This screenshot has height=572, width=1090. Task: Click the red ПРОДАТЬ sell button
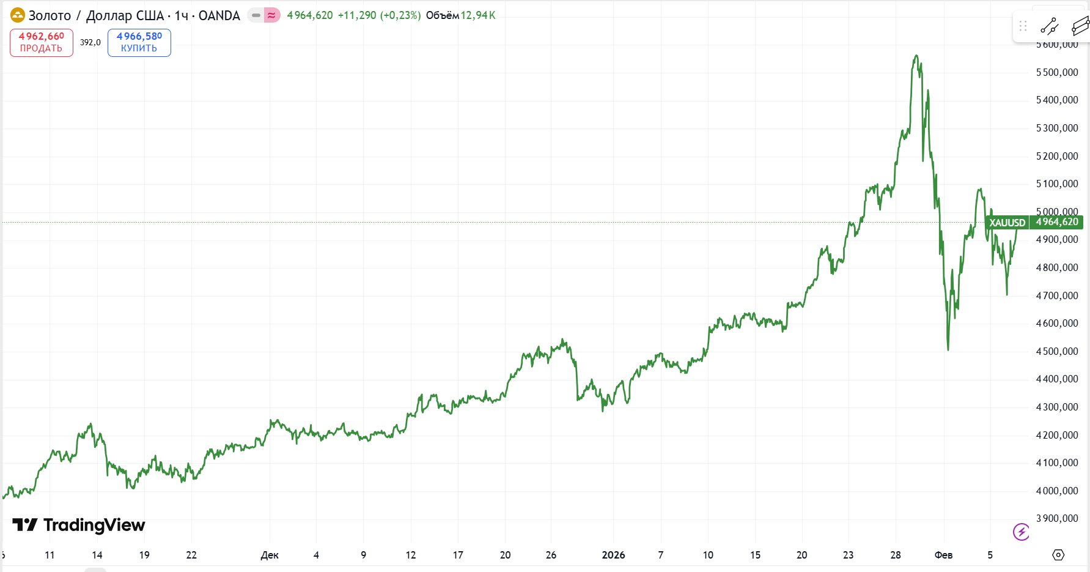(x=42, y=43)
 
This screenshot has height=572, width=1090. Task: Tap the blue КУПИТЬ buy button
(x=139, y=43)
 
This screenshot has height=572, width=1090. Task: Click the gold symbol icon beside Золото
(x=18, y=15)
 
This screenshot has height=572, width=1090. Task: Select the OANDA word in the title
(x=219, y=16)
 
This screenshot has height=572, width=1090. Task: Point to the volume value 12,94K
(x=478, y=15)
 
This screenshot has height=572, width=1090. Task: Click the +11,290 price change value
(x=357, y=15)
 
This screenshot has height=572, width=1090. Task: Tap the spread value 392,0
(x=90, y=42)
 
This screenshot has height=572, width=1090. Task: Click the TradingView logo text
(x=94, y=525)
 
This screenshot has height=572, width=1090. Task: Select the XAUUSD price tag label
(x=1007, y=223)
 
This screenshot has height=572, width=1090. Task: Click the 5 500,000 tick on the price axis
(x=1057, y=72)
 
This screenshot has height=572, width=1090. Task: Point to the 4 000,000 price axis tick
(x=1057, y=491)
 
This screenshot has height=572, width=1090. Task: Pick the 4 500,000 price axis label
(x=1057, y=351)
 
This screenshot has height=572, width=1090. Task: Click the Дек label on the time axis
(x=270, y=555)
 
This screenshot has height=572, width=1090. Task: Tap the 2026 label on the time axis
(x=613, y=555)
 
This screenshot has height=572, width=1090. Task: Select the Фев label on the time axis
(x=943, y=555)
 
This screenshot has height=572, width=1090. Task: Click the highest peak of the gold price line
(x=916, y=56)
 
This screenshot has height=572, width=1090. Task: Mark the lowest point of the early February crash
(x=948, y=350)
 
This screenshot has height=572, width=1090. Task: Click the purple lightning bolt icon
(x=1021, y=532)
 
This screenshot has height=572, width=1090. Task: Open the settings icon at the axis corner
(x=1058, y=555)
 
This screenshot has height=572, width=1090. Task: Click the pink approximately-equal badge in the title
(x=272, y=15)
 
